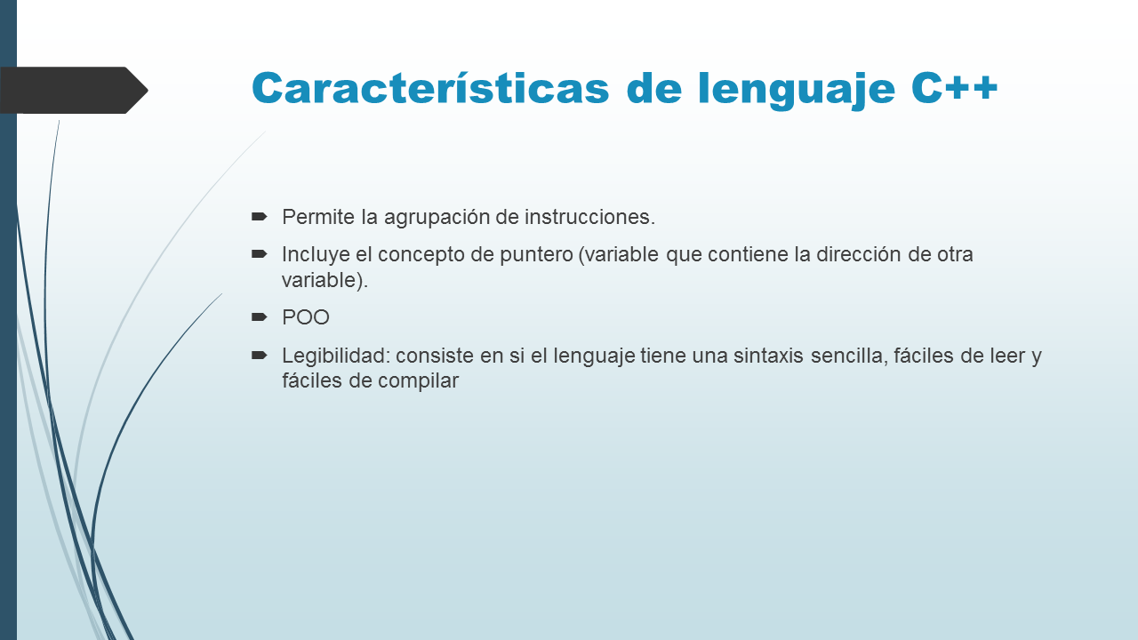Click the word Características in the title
431,88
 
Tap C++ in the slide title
955,88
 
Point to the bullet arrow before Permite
260,216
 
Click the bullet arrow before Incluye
260,254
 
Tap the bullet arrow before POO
260,316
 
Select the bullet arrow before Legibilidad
260,355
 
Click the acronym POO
306,317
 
